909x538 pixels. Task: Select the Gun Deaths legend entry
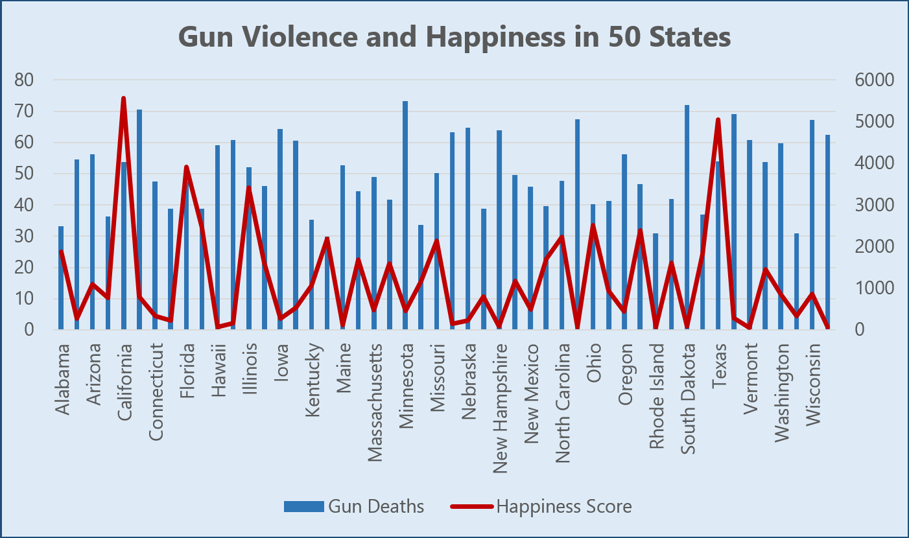click(x=354, y=506)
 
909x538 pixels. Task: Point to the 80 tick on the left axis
click(x=29, y=80)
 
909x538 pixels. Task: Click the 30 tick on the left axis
click(x=29, y=237)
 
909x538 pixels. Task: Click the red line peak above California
click(x=123, y=99)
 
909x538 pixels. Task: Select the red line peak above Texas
click(x=718, y=120)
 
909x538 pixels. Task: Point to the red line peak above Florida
click(x=186, y=167)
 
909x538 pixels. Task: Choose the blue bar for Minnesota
click(x=405, y=214)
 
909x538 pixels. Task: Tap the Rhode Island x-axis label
click(x=657, y=395)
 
